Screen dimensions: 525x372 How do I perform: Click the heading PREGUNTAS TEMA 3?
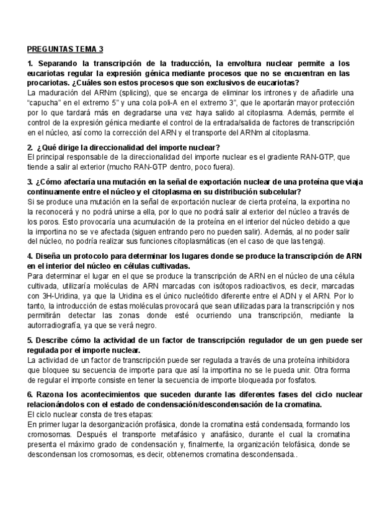(66, 50)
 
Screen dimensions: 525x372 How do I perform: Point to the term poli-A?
(175, 103)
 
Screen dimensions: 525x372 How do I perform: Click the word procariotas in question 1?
(50, 83)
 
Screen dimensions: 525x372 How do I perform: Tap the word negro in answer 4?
(146, 325)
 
